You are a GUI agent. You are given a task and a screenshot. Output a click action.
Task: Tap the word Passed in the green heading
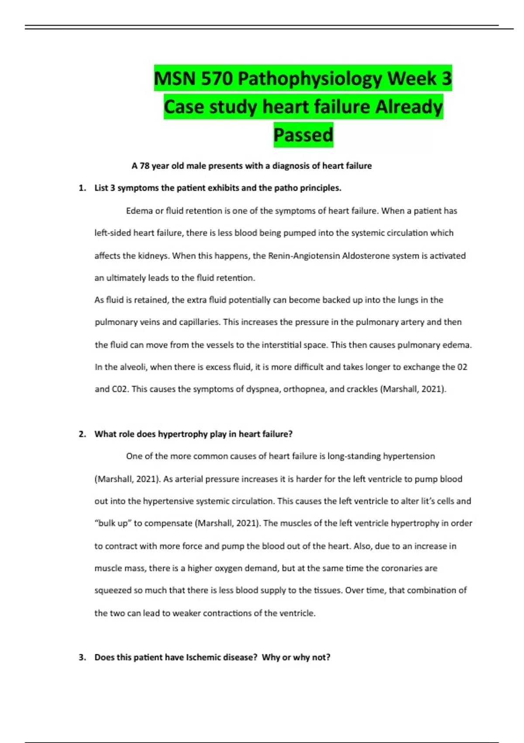(303, 135)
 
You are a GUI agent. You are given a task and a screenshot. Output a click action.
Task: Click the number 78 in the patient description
(145, 166)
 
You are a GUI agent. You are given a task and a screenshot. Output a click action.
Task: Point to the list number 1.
(82, 188)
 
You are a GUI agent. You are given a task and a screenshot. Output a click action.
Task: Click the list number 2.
(82, 434)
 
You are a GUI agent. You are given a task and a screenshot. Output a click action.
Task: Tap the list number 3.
(82, 658)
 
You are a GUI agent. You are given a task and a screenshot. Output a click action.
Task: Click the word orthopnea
(304, 389)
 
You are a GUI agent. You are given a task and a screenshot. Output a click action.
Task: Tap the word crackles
(362, 389)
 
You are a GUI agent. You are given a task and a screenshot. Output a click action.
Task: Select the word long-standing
(354, 456)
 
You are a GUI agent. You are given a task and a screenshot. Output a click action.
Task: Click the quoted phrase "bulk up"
(113, 524)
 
